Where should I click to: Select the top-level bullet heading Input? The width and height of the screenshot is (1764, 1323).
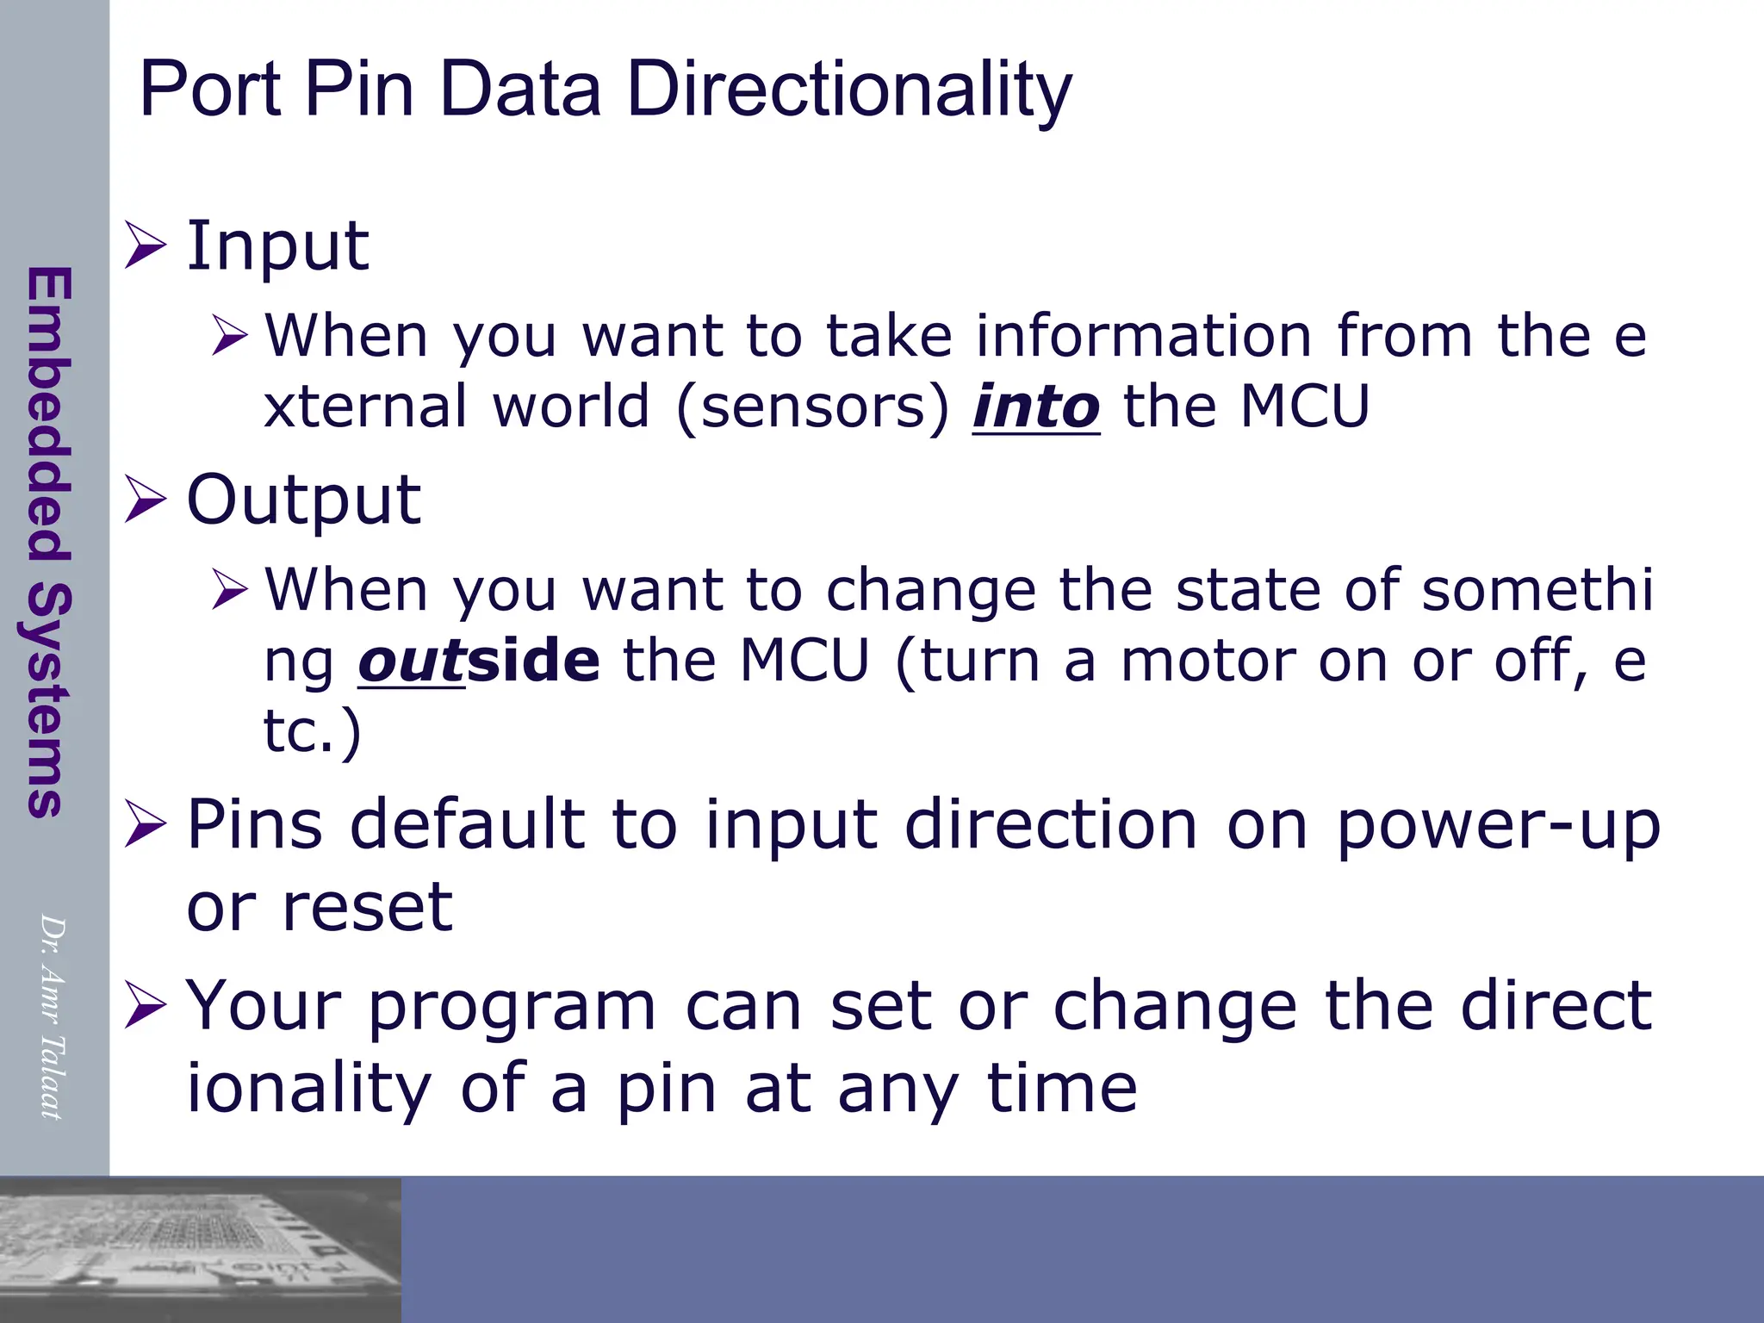coord(277,247)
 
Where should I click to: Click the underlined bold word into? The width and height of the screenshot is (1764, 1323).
coord(1036,407)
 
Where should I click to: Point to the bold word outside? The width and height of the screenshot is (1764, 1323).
coord(479,661)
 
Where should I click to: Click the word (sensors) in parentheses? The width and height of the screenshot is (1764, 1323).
coord(812,407)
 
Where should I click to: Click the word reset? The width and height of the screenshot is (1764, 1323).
coord(367,908)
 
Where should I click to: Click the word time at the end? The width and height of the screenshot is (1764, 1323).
coord(1061,1088)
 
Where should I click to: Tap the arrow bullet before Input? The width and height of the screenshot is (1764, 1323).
coord(145,245)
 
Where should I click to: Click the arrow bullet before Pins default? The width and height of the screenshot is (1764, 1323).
coord(145,824)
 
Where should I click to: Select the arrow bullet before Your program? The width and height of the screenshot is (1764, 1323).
coord(145,1006)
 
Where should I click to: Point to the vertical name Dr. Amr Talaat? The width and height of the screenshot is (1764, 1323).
coord(52,1016)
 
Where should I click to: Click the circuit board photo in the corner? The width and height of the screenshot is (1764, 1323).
coord(200,1249)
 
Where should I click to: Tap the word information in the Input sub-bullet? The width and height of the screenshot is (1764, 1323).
coord(1144,336)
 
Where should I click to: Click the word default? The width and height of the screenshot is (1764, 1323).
coord(469,825)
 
